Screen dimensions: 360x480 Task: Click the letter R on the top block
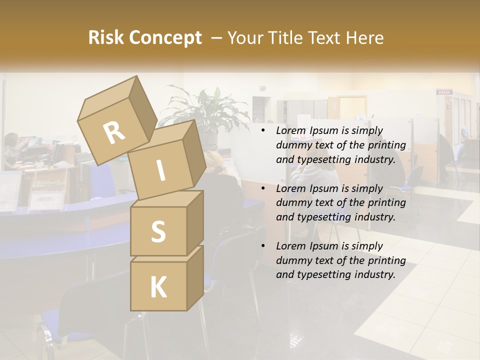pyautogui.click(x=114, y=133)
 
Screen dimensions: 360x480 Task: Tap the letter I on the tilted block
pyautogui.click(x=160, y=170)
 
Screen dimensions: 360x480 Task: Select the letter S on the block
pyautogui.click(x=158, y=231)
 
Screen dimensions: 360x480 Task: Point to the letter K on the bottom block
pyautogui.click(x=158, y=287)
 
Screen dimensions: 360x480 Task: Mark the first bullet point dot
pyautogui.click(x=263, y=131)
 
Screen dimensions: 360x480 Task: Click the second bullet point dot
pyautogui.click(x=263, y=188)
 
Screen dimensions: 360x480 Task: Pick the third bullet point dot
pyautogui.click(x=263, y=246)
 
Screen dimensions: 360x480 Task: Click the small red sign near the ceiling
pyautogui.click(x=443, y=92)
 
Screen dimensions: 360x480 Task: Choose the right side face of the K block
pyautogui.click(x=195, y=277)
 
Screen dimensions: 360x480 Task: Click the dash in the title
pyautogui.click(x=217, y=38)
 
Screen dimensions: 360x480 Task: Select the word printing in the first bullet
pyautogui.click(x=386, y=145)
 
